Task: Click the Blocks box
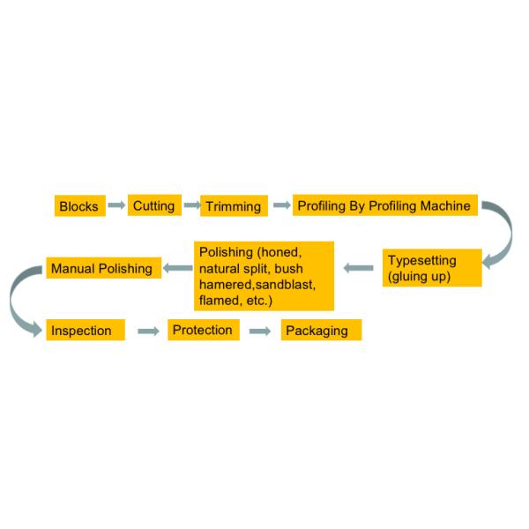(79, 206)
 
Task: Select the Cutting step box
(153, 205)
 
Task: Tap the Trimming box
(233, 206)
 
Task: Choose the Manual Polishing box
(103, 267)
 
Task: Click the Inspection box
(85, 330)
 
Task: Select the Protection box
(203, 330)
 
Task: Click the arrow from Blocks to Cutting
(116, 205)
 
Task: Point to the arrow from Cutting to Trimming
(192, 205)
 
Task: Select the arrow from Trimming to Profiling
(281, 205)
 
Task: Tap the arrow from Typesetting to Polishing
(358, 267)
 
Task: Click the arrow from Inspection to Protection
(148, 331)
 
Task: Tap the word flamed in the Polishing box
(219, 301)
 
